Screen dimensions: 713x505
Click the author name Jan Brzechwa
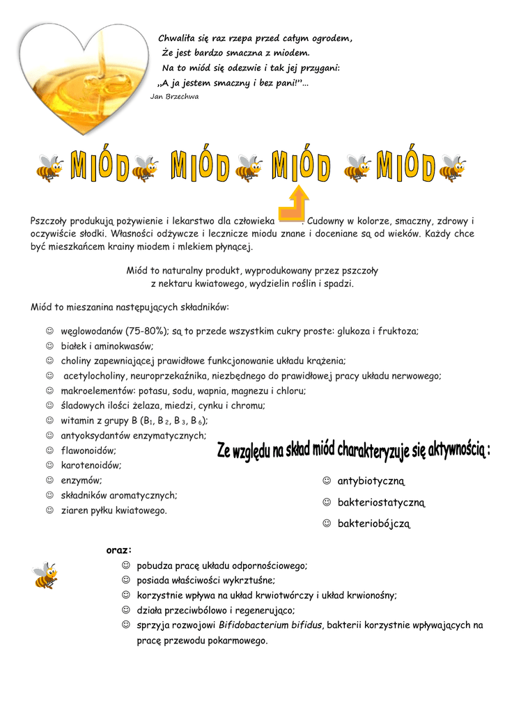coord(174,97)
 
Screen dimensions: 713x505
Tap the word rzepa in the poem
coord(237,38)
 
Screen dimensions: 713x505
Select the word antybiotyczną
coord(371,482)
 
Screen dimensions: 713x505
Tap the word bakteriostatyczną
coord(381,503)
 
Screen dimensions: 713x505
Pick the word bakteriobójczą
coord(375,524)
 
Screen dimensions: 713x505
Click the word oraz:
coord(119,550)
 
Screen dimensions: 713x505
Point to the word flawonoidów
coord(88,450)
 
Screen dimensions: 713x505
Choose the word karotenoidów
coord(91,465)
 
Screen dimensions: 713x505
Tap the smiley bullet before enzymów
coord(49,480)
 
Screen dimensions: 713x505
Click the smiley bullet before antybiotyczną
coord(326,481)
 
